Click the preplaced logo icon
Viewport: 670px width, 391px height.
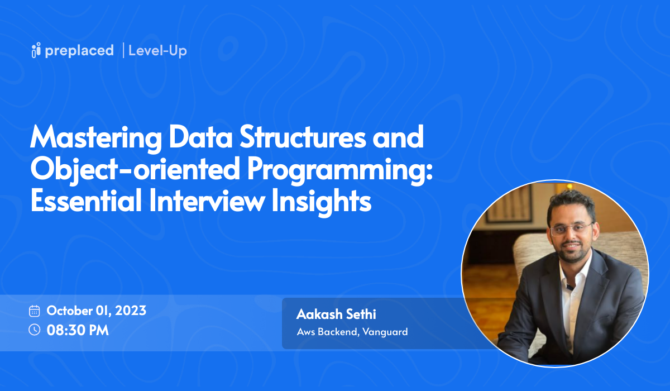[x=36, y=50]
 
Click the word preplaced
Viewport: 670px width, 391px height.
[x=80, y=50]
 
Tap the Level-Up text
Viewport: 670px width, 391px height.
[x=157, y=51]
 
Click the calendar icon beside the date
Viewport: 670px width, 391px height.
[x=35, y=311]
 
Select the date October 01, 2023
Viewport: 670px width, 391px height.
[x=96, y=311]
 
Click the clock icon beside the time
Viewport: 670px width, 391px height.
[x=35, y=330]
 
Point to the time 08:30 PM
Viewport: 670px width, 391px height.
[x=78, y=330]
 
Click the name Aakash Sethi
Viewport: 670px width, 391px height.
[x=336, y=314]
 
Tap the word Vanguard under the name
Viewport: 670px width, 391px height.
[x=385, y=332]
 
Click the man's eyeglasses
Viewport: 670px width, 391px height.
[x=571, y=228]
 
